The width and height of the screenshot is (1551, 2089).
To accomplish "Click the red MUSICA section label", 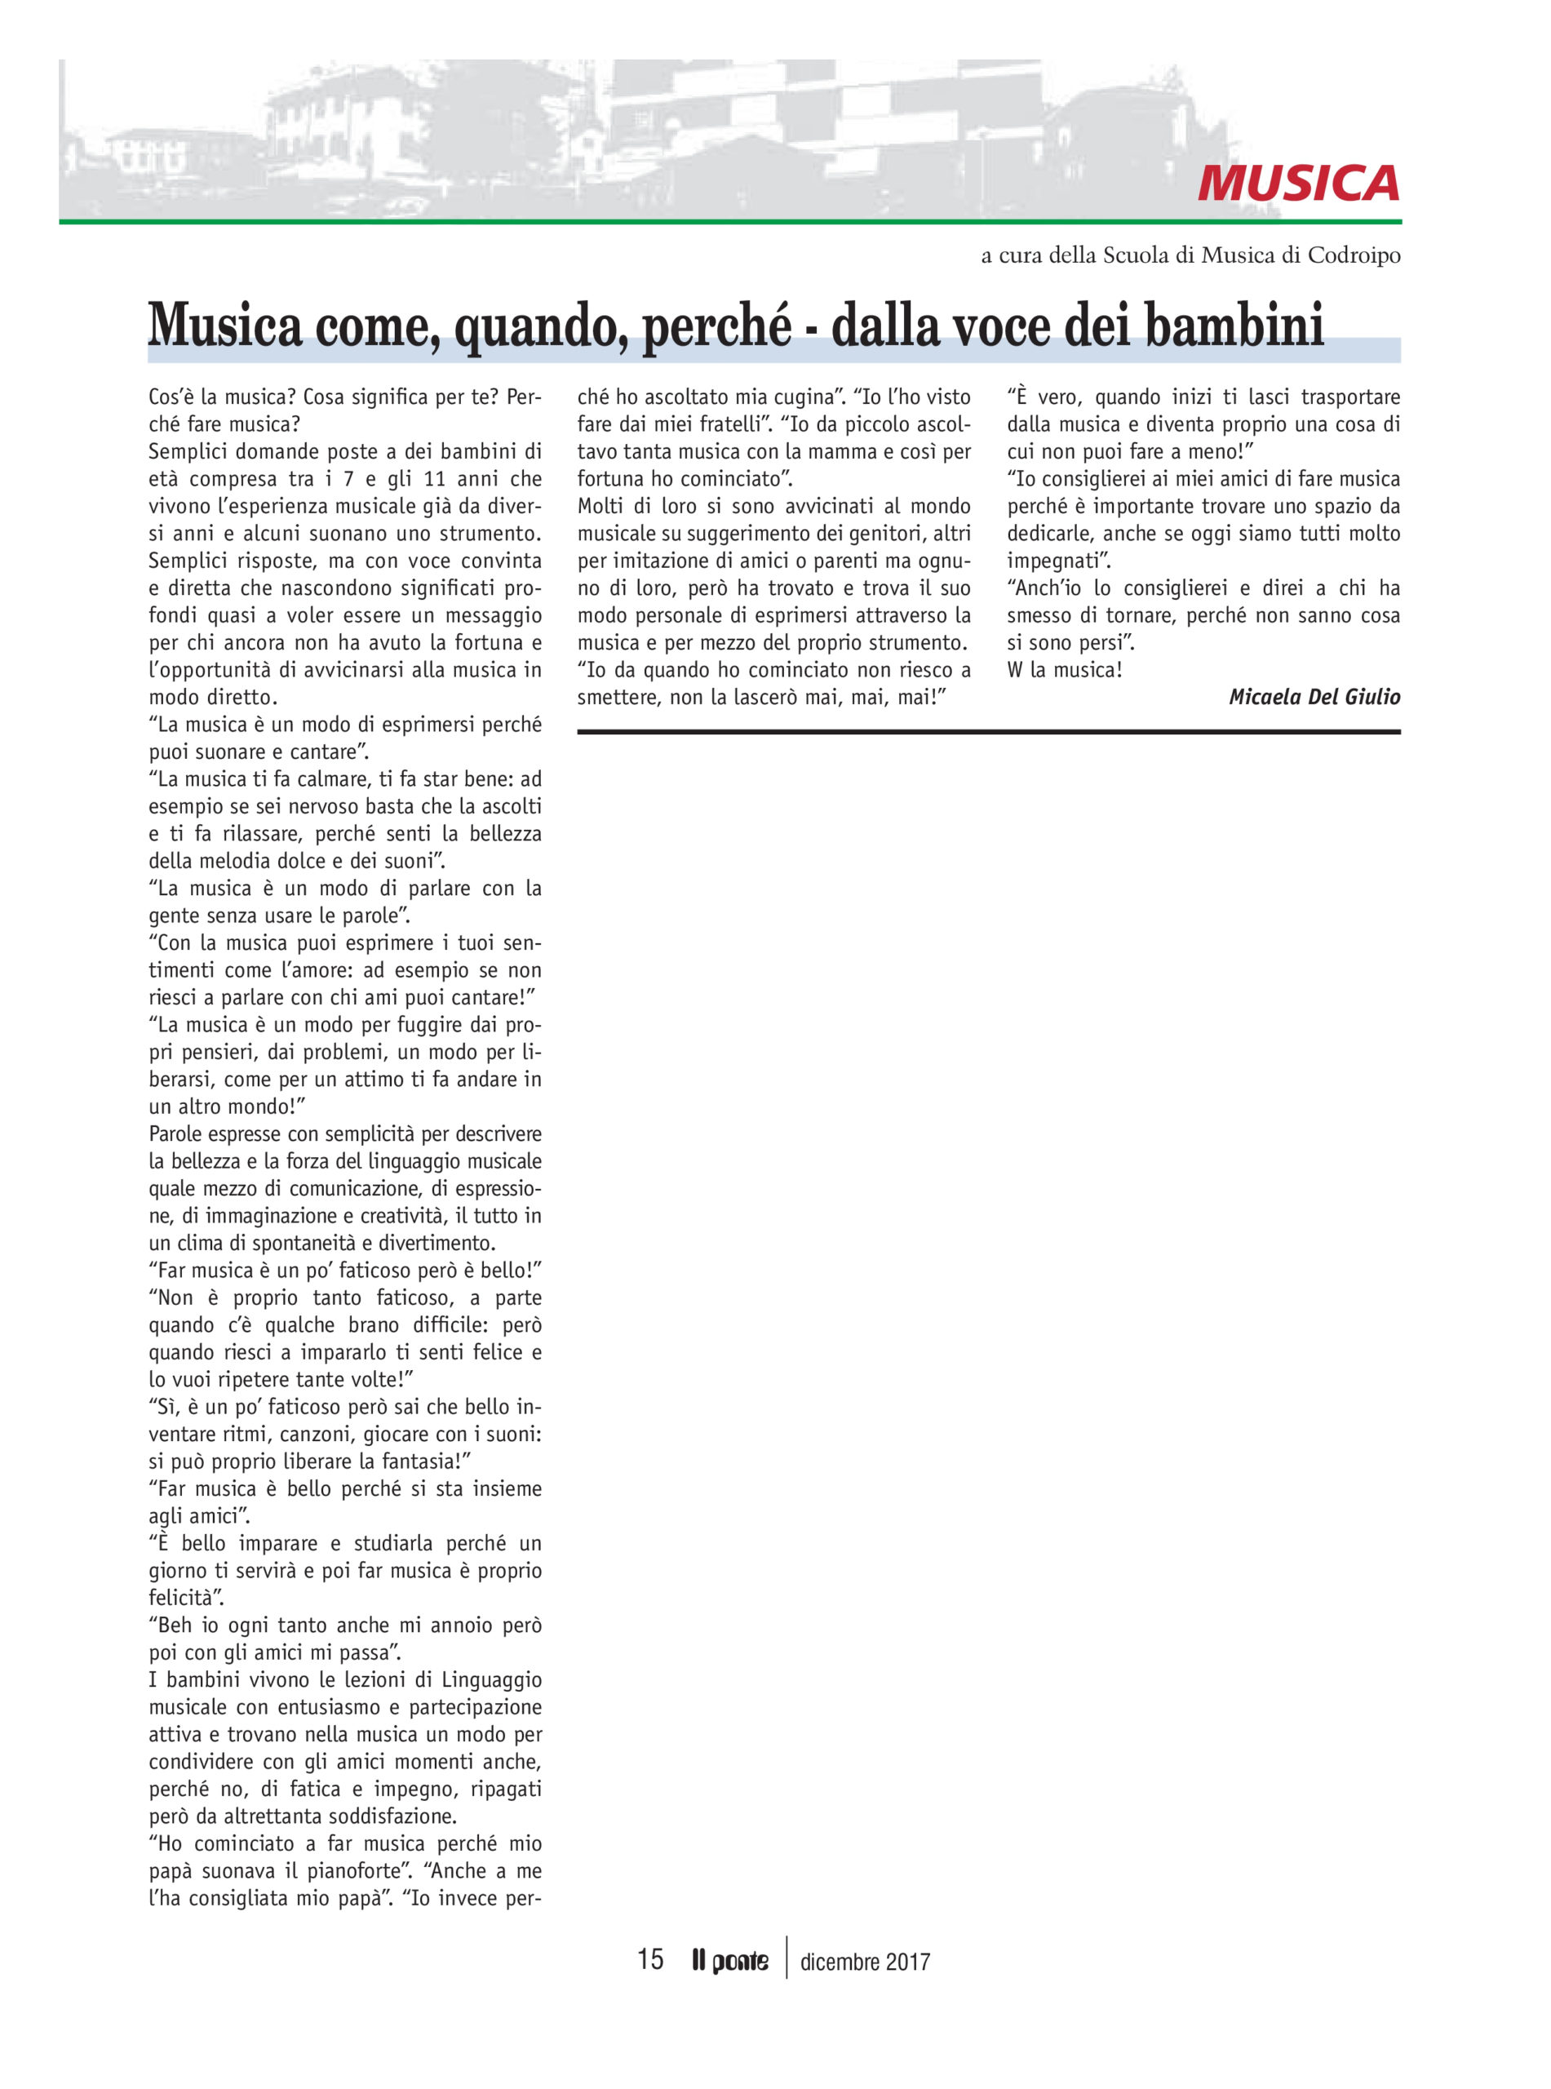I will [x=1297, y=183].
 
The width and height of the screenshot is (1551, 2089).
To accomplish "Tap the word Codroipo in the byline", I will [x=1353, y=255].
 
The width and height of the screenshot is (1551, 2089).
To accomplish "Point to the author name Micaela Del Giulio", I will [x=1314, y=697].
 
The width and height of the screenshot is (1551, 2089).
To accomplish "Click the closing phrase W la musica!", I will [x=1064, y=671].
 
